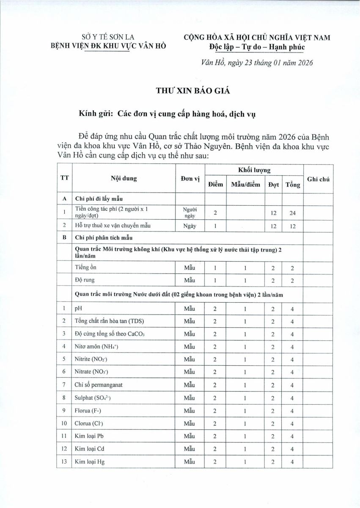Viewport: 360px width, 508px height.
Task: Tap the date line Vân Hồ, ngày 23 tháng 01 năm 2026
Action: tap(257, 63)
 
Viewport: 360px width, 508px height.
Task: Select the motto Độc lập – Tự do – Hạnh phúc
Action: tap(257, 47)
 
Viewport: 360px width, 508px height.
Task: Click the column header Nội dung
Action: tap(124, 179)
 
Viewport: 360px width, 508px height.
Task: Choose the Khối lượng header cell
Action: tap(254, 170)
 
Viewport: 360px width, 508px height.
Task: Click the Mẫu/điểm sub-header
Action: tap(245, 185)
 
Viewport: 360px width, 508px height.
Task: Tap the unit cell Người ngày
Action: tap(190, 212)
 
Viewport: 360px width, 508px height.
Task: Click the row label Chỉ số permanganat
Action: tap(99, 384)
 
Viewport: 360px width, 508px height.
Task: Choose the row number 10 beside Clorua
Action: tap(64, 423)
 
